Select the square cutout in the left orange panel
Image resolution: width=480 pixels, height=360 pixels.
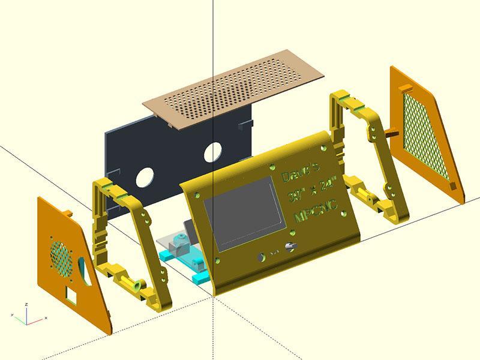[x=73, y=295]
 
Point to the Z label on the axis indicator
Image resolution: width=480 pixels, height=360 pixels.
[x=27, y=304]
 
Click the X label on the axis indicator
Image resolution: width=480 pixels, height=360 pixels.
[x=46, y=318]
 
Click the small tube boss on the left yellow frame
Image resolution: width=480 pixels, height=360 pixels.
[x=137, y=286]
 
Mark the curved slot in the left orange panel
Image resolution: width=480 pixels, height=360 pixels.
[x=83, y=270]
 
